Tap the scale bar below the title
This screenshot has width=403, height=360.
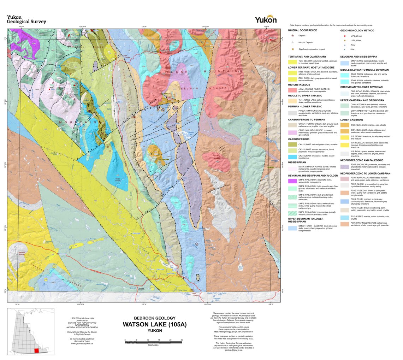point(153,341)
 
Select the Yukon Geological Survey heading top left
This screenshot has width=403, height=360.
point(26,19)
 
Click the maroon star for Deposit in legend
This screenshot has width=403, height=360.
point(292,36)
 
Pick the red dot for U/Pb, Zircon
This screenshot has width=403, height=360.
point(344,36)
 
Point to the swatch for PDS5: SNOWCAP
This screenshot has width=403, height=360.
point(345,166)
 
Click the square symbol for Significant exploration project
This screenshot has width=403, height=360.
point(292,49)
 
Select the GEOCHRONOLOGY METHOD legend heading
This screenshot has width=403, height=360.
point(358,30)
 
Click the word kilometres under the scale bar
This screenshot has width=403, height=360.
point(153,345)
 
